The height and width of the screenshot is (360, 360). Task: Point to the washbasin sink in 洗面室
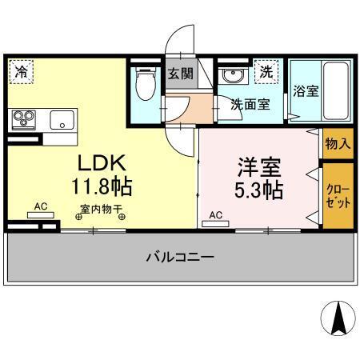[232, 76]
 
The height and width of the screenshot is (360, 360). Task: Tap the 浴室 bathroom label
[305, 91]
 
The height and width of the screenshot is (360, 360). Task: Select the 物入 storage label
[338, 144]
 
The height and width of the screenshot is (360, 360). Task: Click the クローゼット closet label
[337, 195]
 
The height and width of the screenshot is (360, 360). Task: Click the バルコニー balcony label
[179, 257]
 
